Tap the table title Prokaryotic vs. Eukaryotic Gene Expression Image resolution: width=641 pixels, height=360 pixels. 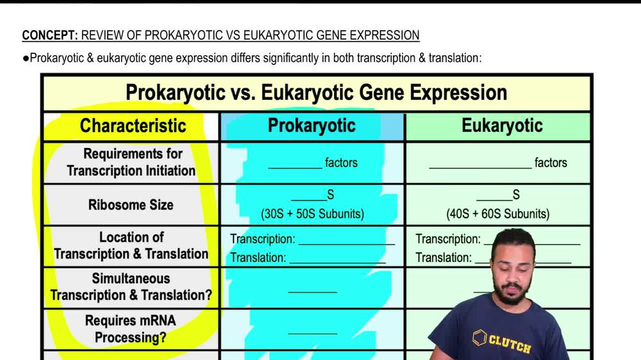(316, 93)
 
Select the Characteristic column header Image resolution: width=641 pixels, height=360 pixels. (133, 126)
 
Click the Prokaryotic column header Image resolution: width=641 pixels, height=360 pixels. (312, 126)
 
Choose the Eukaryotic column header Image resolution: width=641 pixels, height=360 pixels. (501, 126)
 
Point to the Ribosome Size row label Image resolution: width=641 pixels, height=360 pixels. (131, 205)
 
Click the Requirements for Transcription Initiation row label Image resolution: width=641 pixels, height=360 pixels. (131, 162)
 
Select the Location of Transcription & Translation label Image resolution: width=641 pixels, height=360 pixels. (131, 245)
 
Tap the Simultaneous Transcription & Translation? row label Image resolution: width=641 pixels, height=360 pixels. (131, 287)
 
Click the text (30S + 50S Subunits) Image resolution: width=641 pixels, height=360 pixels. (312, 214)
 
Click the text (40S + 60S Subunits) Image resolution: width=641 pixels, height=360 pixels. (497, 214)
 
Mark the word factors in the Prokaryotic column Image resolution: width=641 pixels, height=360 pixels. (341, 163)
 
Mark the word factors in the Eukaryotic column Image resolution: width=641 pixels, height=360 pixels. (551, 163)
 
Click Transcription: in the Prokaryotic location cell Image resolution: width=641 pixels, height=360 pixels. (263, 240)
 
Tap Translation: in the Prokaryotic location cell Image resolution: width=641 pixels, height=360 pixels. (258, 258)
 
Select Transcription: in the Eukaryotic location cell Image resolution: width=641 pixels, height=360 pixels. (448, 240)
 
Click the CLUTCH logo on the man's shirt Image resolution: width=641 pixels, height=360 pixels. (503, 341)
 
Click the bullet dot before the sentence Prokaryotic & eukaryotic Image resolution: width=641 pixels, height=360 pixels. (26, 58)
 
